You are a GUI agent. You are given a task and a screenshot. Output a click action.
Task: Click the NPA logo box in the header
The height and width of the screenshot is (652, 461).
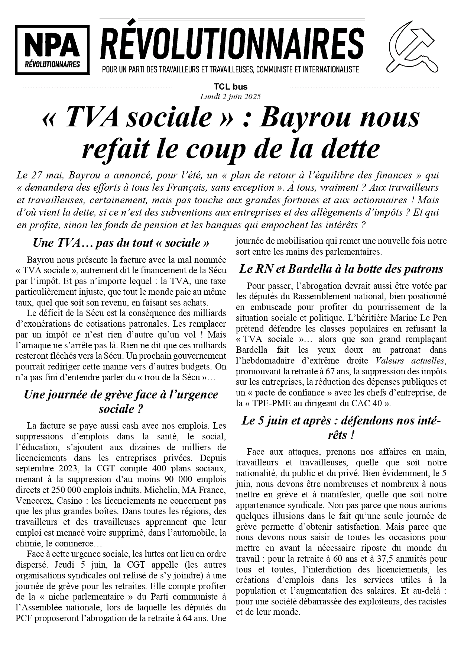point(52,49)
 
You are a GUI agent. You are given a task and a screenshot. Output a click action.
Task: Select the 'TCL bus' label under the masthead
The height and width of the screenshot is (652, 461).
point(230,87)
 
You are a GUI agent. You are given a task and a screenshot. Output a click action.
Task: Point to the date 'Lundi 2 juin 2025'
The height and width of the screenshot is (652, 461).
point(230,97)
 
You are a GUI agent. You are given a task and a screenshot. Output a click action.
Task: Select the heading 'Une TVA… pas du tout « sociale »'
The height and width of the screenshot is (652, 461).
point(121,243)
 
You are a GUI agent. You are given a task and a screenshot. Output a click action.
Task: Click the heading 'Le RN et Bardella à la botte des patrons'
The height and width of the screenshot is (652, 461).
point(341,269)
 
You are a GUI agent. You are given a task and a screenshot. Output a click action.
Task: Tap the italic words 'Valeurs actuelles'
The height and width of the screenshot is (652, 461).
point(410,360)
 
